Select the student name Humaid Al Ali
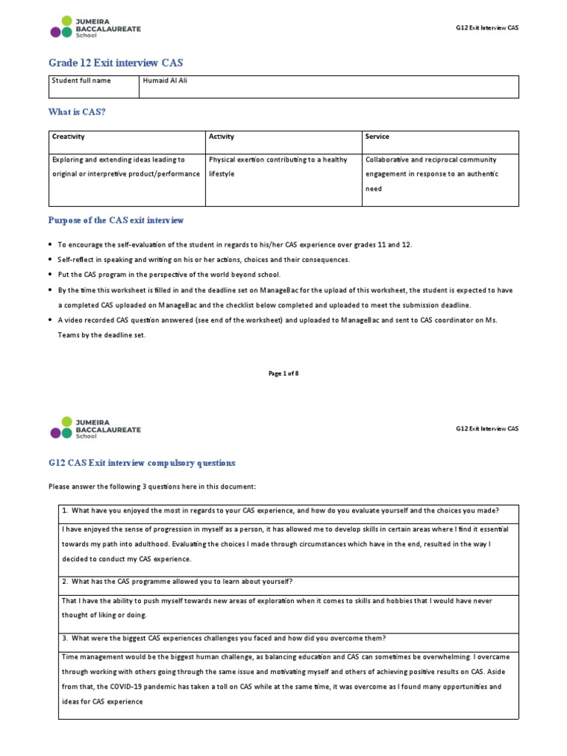pyautogui.click(x=166, y=81)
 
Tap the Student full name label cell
pyautogui.click(x=81, y=81)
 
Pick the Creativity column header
pyautogui.click(x=68, y=137)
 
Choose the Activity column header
pyautogui.click(x=221, y=137)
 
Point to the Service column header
pyautogui.click(x=377, y=137)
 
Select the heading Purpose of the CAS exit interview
pyautogui.click(x=116, y=220)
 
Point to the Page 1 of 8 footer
pyautogui.click(x=283, y=374)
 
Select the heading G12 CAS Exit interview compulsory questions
pyautogui.click(x=142, y=463)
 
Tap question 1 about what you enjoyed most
pyautogui.click(x=281, y=511)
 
